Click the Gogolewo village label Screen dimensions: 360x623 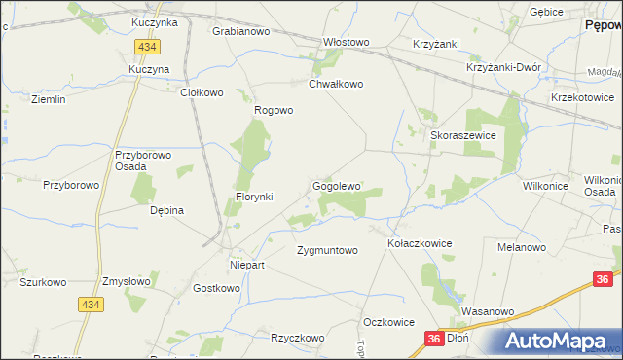[x=337, y=186]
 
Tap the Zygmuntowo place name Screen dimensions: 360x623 [x=327, y=250]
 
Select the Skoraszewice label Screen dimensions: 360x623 [x=463, y=137]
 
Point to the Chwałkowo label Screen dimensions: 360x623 [x=336, y=85]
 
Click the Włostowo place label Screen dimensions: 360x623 [x=348, y=43]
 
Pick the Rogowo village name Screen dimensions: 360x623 [x=274, y=110]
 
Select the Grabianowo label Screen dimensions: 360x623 [x=240, y=31]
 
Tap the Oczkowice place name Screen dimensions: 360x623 [x=388, y=322]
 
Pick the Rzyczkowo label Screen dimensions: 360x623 [x=298, y=338]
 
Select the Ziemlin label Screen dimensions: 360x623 [x=48, y=100]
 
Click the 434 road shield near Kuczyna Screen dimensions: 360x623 [x=148, y=47]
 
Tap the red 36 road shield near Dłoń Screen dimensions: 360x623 [x=434, y=339]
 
